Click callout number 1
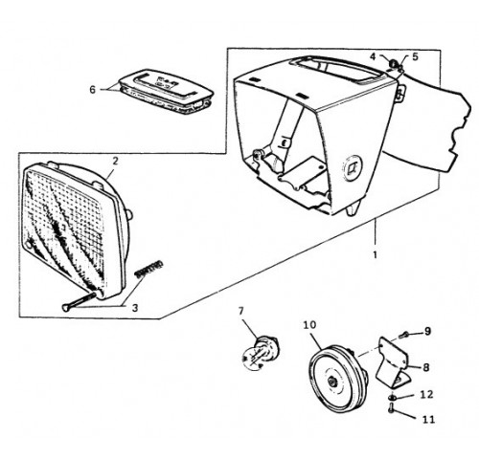[375, 255]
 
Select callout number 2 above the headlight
[115, 162]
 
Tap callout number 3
[135, 308]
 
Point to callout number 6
[92, 90]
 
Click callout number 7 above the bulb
[240, 311]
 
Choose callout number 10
[309, 325]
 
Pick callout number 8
[426, 367]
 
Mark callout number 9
[427, 331]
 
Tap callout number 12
[426, 395]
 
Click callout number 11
[428, 420]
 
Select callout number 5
[415, 56]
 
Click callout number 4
[373, 56]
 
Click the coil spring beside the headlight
[149, 270]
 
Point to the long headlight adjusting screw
[79, 301]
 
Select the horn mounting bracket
[393, 362]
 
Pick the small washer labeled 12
[392, 398]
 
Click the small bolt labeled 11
[392, 408]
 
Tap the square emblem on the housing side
[353, 166]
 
